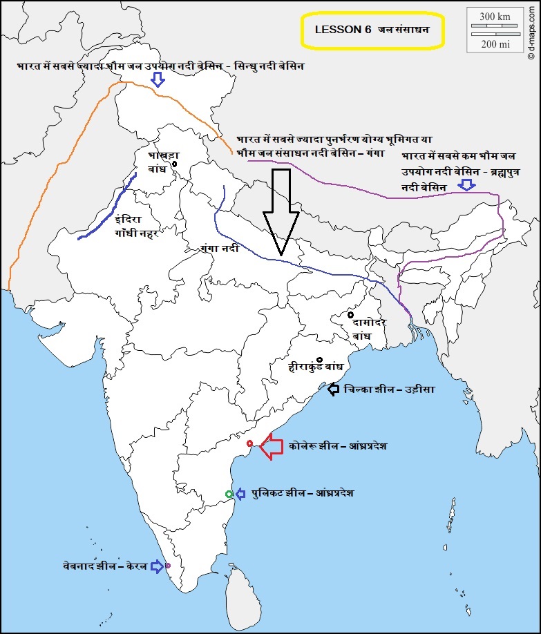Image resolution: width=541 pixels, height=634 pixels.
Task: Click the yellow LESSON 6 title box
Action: [x=371, y=30]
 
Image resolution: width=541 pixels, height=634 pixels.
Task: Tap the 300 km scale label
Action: [x=495, y=17]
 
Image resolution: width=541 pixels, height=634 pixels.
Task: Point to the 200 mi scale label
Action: [x=495, y=44]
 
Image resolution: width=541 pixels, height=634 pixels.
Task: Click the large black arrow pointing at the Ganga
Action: [x=281, y=211]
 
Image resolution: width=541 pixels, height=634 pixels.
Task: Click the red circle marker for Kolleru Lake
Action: [x=250, y=443]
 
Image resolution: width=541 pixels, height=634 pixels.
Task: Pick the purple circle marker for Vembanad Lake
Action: [x=167, y=565]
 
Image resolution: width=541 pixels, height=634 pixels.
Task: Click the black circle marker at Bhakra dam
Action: [x=175, y=164]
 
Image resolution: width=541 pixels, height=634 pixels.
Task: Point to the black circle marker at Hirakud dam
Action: [x=320, y=359]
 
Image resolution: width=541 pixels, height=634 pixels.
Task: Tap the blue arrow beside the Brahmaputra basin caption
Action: [x=468, y=184]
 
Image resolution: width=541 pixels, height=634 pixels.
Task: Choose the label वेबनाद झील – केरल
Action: [x=104, y=566]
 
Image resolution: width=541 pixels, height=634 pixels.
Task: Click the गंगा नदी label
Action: [x=219, y=247]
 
